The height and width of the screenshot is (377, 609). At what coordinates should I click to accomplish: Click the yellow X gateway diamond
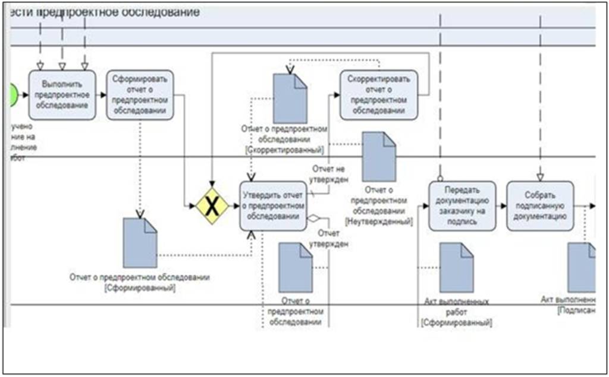212,206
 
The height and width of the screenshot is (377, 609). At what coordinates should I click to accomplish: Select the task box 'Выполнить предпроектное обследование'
62,95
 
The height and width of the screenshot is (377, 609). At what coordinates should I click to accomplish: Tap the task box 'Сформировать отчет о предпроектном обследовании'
140,95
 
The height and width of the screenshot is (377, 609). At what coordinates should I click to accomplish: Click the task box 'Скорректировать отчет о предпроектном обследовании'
379,95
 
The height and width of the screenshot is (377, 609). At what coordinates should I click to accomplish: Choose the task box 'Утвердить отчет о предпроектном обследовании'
274,206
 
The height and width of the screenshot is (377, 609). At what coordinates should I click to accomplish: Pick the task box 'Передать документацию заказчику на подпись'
462,206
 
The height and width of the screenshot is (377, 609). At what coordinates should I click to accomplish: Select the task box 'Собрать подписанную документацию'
540,206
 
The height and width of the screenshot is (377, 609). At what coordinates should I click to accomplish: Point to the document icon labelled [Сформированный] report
140,243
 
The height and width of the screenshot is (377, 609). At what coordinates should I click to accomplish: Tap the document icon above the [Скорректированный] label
290,98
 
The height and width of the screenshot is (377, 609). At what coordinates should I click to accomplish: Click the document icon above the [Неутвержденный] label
379,157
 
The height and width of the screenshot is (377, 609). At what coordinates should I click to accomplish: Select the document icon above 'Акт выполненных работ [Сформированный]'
456,267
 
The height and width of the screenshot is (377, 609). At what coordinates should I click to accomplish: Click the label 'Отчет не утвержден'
328,174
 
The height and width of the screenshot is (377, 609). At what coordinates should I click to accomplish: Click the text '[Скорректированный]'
284,149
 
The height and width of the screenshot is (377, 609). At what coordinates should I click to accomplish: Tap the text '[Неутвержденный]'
379,221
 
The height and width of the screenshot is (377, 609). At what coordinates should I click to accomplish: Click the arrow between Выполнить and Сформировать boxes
101,95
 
